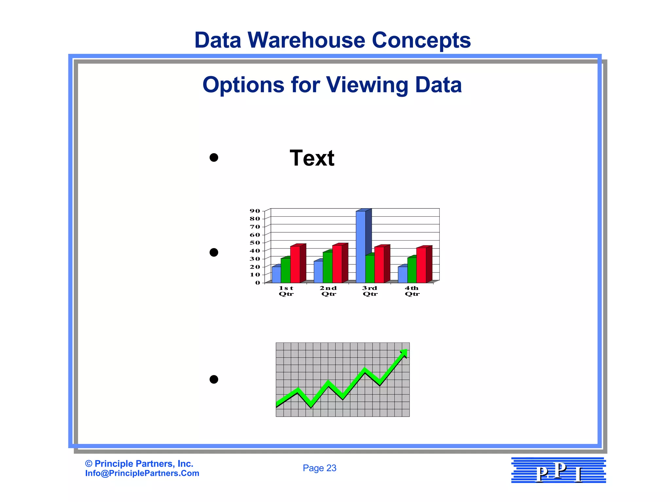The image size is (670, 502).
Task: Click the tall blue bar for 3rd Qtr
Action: pos(361,247)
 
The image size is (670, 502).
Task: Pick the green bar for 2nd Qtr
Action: pos(327,267)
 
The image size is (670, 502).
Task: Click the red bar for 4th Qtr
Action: pos(421,265)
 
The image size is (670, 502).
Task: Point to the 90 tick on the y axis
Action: pos(255,211)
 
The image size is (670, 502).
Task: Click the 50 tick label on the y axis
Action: pos(255,243)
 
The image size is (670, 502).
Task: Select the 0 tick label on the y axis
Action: pos(258,283)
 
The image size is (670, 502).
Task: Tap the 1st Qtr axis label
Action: pos(286,291)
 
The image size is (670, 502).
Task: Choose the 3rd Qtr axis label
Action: pos(370,291)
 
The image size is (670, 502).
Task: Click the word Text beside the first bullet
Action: pos(312,158)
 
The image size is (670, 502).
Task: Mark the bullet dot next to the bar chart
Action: pos(214,253)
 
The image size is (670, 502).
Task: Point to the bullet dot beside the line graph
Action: pos(214,379)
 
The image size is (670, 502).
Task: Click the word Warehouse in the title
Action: pos(306,40)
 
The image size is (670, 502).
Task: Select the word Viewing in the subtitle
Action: pos(368,85)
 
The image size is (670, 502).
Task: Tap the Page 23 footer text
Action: pos(319,468)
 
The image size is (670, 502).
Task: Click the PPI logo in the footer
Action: pos(558,470)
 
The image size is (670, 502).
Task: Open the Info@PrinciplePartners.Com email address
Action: pos(142,473)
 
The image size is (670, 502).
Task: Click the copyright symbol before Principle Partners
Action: pos(88,464)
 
